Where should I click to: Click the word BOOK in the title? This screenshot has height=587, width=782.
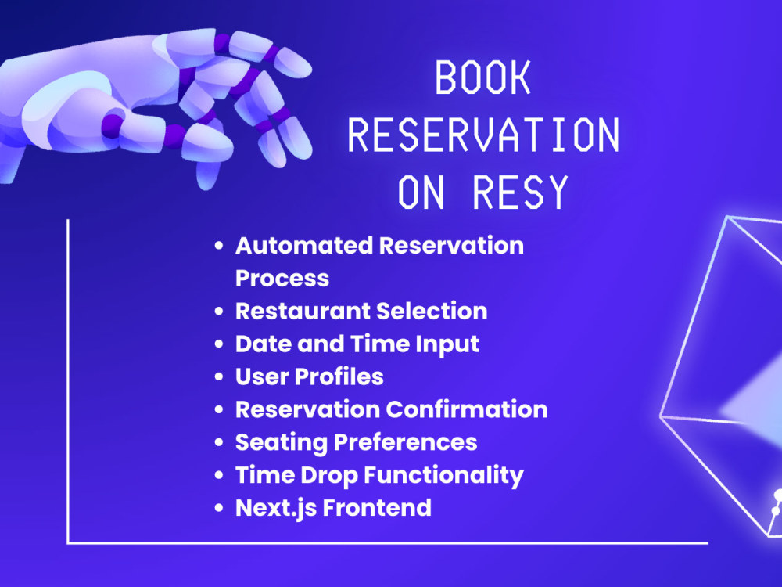tap(482, 77)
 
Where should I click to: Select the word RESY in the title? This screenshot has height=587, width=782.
tap(520, 193)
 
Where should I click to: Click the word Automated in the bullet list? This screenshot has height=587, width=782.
tap(304, 246)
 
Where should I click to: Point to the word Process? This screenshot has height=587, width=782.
tap(282, 279)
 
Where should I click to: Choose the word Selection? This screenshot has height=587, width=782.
tap(432, 311)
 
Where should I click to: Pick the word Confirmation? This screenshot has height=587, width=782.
tap(467, 409)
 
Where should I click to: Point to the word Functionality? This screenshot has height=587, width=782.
tap(444, 476)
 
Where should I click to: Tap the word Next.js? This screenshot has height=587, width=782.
tap(276, 509)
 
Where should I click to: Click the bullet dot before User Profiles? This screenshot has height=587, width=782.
tap(219, 377)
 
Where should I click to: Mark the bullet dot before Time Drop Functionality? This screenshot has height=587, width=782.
tap(219, 475)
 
